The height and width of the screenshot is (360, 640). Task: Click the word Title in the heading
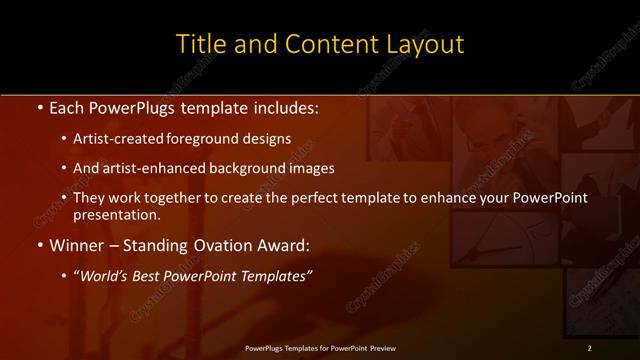[x=198, y=45]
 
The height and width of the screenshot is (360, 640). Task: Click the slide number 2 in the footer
[x=589, y=347]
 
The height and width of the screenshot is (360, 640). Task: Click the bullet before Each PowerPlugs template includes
[x=38, y=107]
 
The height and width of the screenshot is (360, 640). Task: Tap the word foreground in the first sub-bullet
[x=200, y=139]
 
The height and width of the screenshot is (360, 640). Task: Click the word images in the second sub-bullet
[x=313, y=168]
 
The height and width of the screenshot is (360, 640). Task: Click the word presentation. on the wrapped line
[x=116, y=214]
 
